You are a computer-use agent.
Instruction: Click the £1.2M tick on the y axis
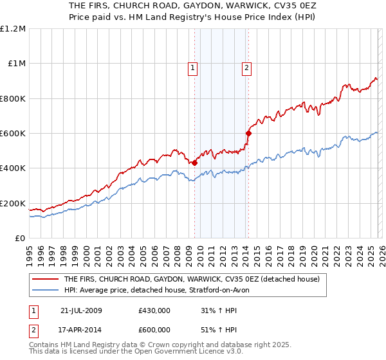coord(14,29)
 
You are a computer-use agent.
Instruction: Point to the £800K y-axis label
coord(14,99)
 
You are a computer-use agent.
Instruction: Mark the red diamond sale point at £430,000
coord(194,163)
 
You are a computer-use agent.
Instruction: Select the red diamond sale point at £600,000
coord(248,134)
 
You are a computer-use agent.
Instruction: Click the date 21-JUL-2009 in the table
coord(81,310)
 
